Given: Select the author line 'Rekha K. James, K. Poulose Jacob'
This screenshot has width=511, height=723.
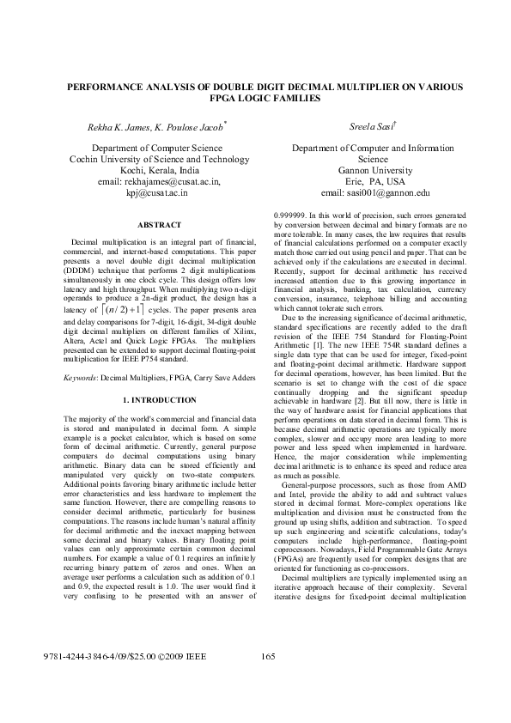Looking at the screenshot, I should pos(155,127).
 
